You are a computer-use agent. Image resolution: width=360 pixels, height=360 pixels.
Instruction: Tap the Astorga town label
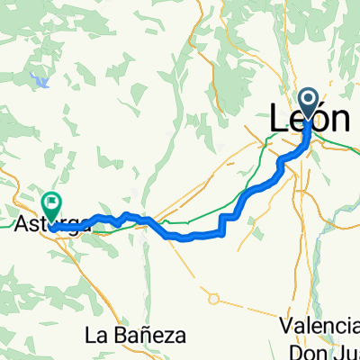[53, 224]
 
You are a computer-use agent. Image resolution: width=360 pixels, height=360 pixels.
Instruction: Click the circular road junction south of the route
[214, 299]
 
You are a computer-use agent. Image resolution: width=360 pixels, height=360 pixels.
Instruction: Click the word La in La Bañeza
[96, 336]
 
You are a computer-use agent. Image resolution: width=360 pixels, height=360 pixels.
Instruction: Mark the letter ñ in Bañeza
[143, 336]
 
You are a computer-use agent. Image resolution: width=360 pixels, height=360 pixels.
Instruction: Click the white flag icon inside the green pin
[52, 202]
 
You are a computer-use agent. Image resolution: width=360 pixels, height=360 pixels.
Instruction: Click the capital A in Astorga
[24, 224]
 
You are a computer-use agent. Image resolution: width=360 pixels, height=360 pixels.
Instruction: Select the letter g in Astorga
[76, 226]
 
